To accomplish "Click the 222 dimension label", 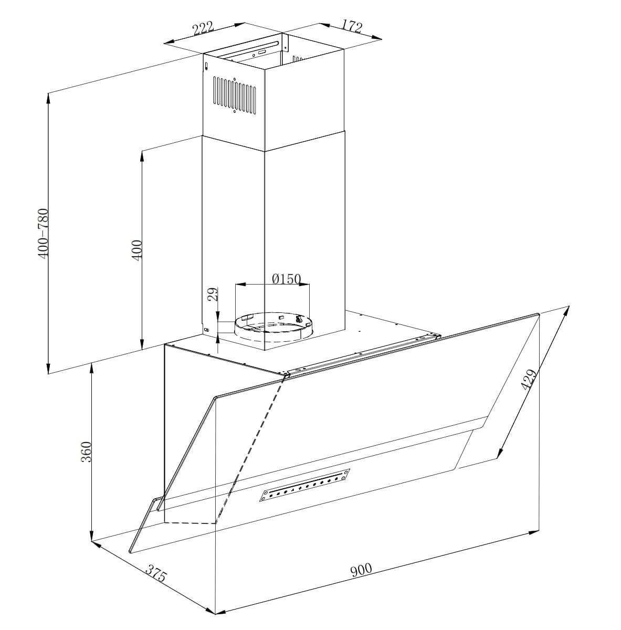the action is coord(203,28).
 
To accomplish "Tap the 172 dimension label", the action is coord(352,26).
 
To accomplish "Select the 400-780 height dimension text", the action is coord(44,234).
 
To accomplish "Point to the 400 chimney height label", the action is coord(136,250).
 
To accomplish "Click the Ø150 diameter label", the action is coord(286,279).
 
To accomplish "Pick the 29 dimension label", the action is coord(213,294).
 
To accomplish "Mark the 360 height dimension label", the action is coord(86,451).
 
